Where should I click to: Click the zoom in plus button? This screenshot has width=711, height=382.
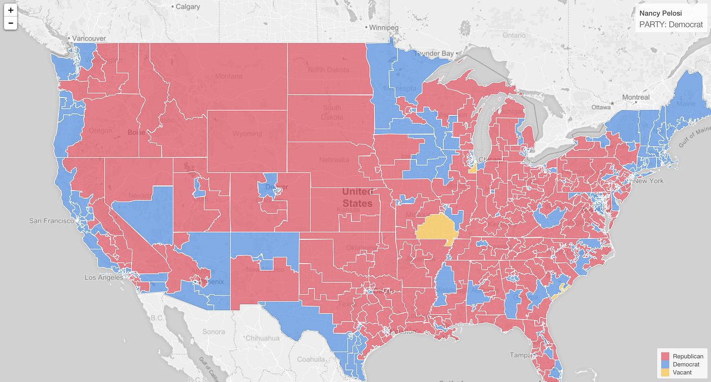click(x=11, y=10)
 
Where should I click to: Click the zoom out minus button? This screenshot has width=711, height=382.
click(x=11, y=23)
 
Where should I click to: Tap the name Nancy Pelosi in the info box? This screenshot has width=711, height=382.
click(x=660, y=13)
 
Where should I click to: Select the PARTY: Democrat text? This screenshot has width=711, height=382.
click(x=671, y=24)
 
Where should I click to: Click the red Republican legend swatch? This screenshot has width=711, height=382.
click(x=666, y=357)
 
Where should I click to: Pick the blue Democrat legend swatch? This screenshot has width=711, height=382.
click(x=666, y=365)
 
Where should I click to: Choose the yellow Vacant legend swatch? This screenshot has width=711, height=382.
click(x=666, y=372)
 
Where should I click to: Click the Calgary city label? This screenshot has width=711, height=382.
click(x=188, y=7)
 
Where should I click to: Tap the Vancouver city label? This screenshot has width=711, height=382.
click(x=89, y=39)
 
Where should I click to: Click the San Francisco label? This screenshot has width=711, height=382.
click(x=53, y=221)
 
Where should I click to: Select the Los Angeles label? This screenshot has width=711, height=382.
click(x=104, y=278)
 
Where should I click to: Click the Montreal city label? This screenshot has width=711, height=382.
click(x=635, y=97)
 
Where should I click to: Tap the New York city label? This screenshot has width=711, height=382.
click(x=648, y=181)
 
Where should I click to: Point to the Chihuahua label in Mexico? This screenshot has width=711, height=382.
click(x=262, y=338)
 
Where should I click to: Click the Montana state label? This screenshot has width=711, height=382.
click(x=229, y=76)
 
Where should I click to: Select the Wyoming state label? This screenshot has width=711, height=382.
click(x=247, y=134)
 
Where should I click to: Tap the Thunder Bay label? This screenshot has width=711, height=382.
click(x=433, y=54)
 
